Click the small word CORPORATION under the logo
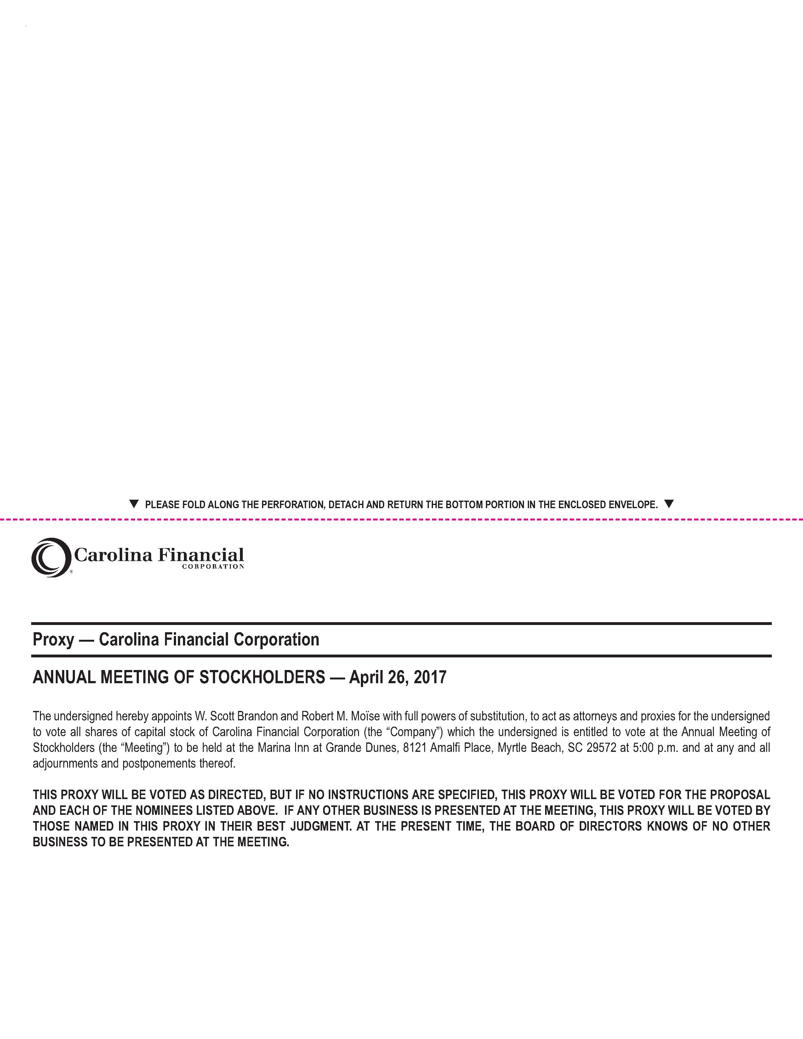tap(213, 567)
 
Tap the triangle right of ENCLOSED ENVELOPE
tap(669, 503)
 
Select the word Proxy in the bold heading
tap(53, 640)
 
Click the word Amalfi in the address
tap(446, 747)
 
